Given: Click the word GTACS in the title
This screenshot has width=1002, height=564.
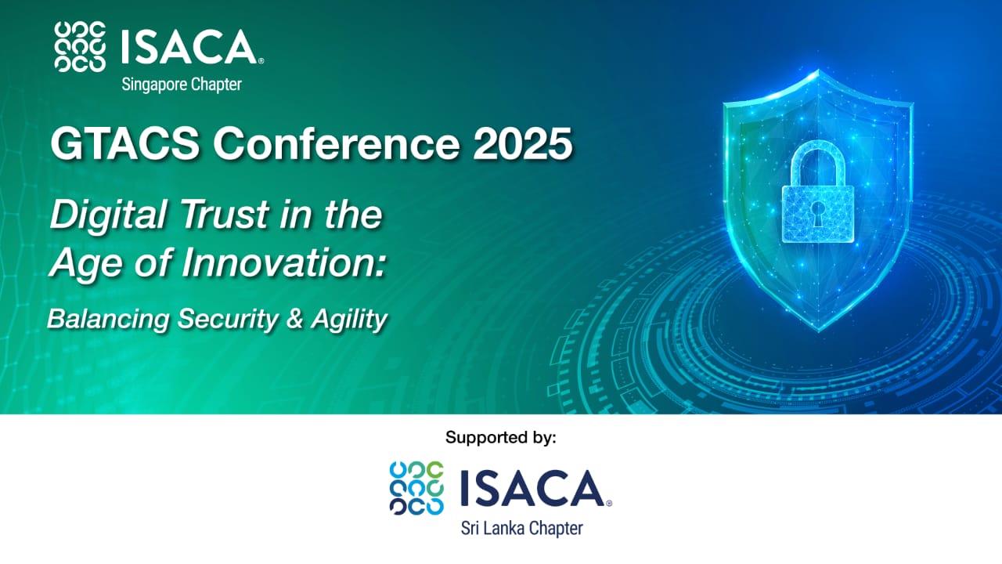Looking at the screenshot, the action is coord(124,143).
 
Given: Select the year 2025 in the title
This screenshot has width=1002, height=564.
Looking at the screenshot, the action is coord(522,143).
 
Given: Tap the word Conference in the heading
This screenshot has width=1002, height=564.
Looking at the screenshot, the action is coord(337,143).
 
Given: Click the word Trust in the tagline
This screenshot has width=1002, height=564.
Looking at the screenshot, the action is coord(225,215).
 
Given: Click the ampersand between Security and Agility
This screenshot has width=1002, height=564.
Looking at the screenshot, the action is coord(294,319).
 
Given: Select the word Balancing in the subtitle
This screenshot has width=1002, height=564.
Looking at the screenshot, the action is coord(108,320).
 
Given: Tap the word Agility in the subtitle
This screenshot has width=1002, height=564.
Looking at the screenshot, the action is coord(349,320).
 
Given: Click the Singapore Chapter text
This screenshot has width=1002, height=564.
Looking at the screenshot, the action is coord(182,85).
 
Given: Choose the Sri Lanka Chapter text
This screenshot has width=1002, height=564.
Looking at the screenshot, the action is coord(522,529).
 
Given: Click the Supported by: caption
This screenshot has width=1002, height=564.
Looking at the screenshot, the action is coord(501,437).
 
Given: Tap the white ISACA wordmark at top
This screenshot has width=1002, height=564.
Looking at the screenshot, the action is coord(193,46).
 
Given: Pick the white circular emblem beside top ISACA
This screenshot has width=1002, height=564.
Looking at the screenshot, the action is coord(80,46).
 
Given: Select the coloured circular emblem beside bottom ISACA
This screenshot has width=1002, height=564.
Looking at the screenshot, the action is coord(416,488).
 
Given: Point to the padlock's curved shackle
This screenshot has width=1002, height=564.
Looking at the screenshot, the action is coord(818,149).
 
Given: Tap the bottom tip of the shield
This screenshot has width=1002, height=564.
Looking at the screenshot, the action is coord(819,331).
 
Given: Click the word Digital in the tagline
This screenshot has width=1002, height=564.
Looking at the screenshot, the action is coord(108,215).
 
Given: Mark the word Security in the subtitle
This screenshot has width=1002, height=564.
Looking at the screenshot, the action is coord(228,320).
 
